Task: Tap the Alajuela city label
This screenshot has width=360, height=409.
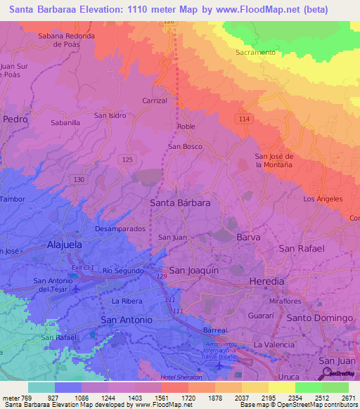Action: [65, 245]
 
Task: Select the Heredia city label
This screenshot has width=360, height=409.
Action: [266, 280]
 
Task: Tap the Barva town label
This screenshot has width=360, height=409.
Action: [248, 238]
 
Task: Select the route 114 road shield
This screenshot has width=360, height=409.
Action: [244, 119]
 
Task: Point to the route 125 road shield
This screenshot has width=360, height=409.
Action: [127, 160]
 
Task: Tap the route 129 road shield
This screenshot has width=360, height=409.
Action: [162, 278]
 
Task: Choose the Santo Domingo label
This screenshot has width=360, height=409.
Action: [319, 318]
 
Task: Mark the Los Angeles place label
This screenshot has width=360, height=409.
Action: [322, 199]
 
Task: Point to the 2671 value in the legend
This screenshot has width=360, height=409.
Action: [349, 398]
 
